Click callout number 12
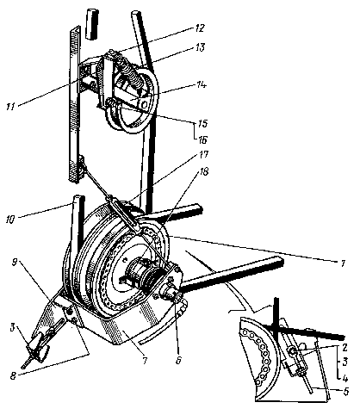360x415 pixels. [x=200, y=28]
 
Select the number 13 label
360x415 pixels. [x=200, y=47]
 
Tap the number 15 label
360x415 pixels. [x=202, y=123]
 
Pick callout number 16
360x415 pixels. [x=202, y=139]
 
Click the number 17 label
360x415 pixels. [x=202, y=155]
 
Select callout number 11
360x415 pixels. [x=11, y=107]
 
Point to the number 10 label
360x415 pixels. [x=9, y=220]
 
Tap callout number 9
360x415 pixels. [x=15, y=262]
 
